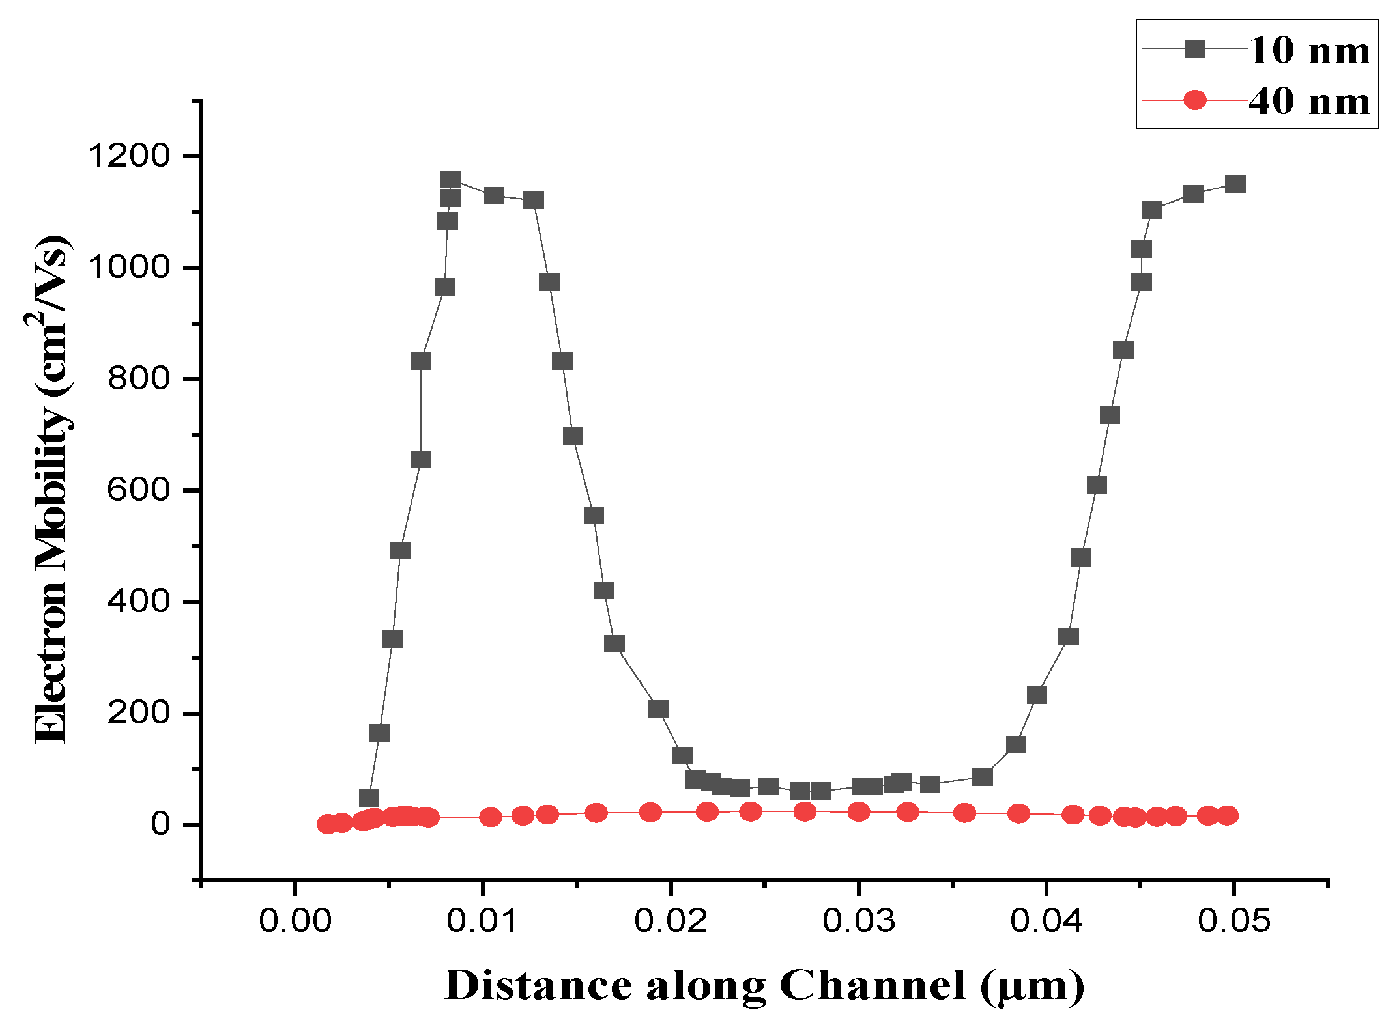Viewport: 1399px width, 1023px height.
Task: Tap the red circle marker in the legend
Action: tap(1194, 100)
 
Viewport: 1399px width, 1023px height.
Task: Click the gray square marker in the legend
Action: tap(1194, 49)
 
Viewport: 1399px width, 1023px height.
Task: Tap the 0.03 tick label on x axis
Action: tap(858, 920)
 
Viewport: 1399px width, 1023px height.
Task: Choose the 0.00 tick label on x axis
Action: tap(295, 920)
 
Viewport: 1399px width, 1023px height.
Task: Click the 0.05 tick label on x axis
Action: tap(1233, 920)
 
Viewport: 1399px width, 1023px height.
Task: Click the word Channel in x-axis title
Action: tap(872, 985)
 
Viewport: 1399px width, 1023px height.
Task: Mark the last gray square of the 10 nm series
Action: tap(1235, 184)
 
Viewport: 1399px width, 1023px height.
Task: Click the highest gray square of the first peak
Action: tap(450, 180)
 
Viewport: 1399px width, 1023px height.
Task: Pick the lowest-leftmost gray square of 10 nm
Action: tap(369, 798)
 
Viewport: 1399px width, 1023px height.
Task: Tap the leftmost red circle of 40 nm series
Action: tap(327, 824)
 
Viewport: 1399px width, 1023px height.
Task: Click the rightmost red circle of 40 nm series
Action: tap(1227, 815)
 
